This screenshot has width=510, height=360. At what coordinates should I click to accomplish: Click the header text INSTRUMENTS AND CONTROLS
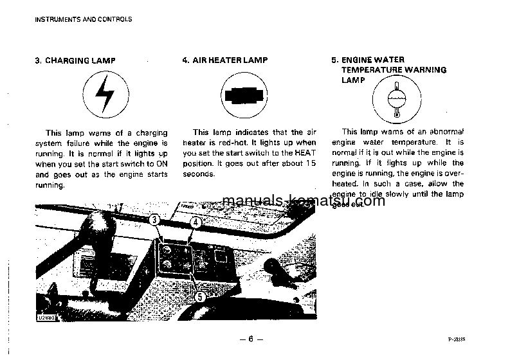point(84,19)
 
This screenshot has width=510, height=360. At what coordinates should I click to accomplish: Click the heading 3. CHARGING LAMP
point(75,60)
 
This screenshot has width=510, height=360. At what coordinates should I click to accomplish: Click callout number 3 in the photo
point(155,220)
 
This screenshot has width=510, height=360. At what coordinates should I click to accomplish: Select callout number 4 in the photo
point(196,222)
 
